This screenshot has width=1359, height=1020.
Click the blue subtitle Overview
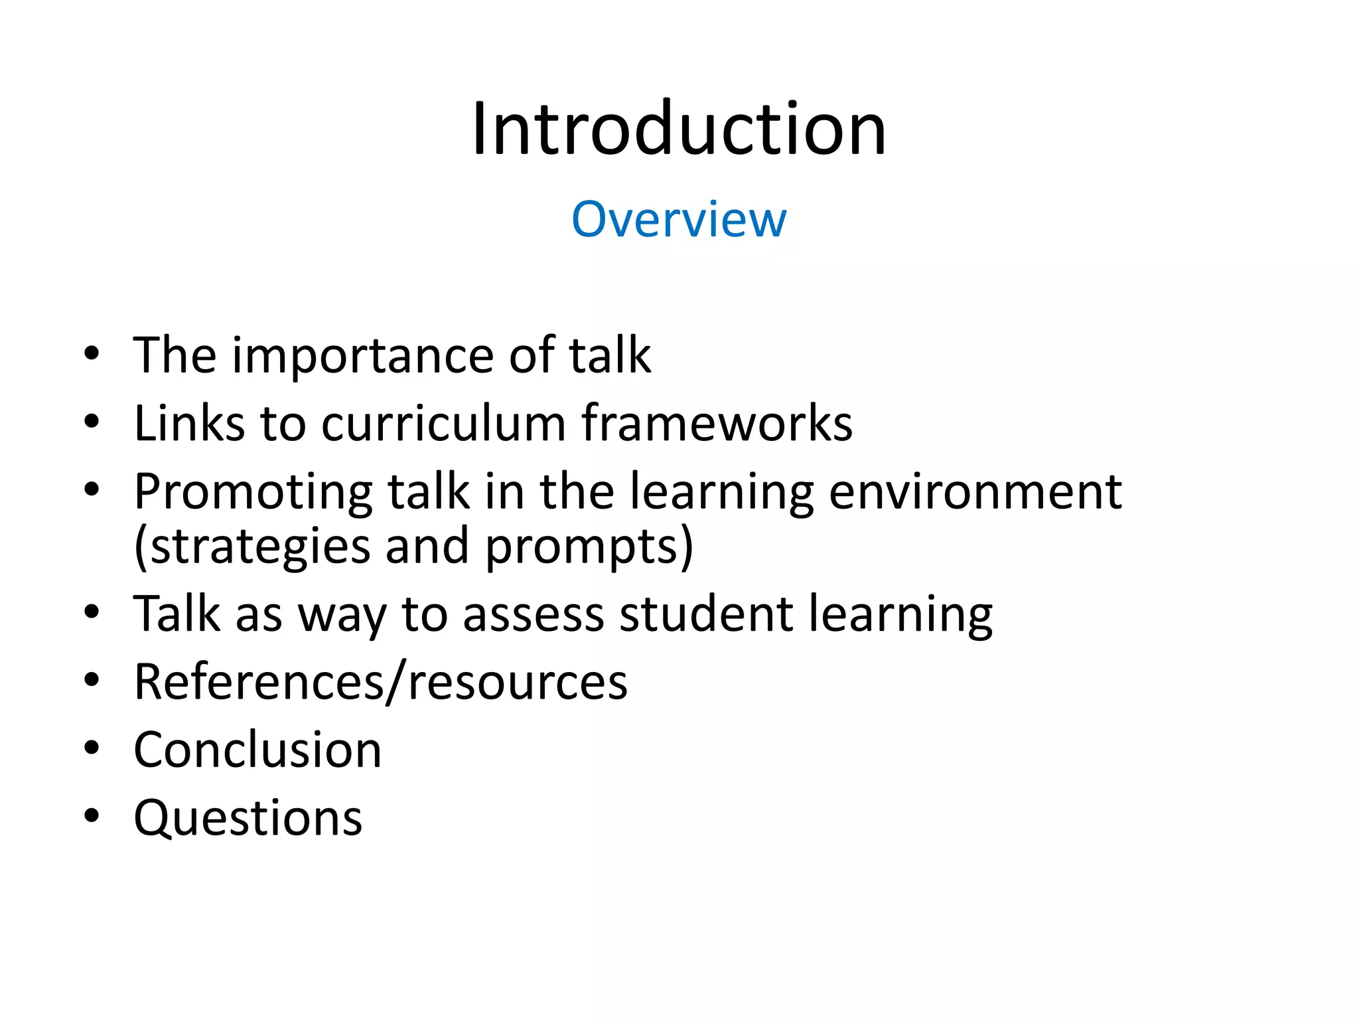click(x=679, y=218)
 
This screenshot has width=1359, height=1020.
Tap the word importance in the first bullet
click(x=362, y=357)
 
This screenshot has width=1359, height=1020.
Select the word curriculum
click(x=443, y=424)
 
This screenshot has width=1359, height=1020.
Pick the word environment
click(x=975, y=491)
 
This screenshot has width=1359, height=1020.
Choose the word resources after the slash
click(x=517, y=683)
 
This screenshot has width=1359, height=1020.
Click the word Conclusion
click(x=257, y=750)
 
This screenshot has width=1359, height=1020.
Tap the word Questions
click(x=248, y=818)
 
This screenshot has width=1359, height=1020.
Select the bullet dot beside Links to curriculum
click(x=92, y=421)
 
